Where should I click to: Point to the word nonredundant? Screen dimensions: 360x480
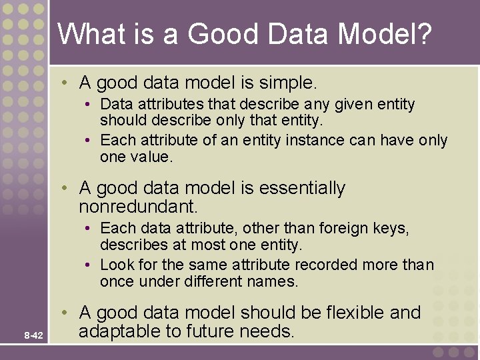click(138, 206)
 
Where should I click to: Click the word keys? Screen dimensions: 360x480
click(391, 229)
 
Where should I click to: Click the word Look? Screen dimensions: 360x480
click(115, 264)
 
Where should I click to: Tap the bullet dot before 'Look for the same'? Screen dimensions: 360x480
click(89, 265)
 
